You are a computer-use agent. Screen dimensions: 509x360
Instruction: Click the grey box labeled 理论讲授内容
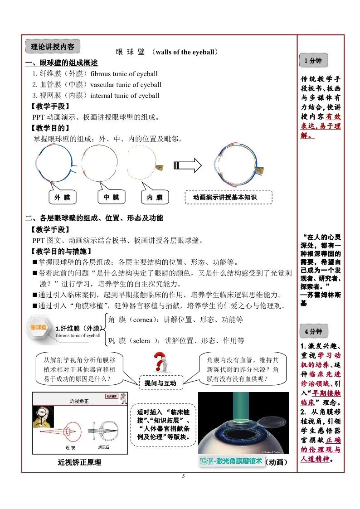coord(53,46)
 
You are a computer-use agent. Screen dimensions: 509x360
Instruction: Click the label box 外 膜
coord(62,197)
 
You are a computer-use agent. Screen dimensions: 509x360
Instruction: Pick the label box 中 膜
coord(111,197)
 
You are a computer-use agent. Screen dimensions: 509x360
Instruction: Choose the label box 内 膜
coord(155,198)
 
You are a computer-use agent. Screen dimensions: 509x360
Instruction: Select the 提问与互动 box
coord(160,383)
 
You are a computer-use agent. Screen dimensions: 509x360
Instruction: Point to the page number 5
coord(184,476)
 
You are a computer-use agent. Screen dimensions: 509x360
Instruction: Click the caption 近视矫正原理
coord(79,462)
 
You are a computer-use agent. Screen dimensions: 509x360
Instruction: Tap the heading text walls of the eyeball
coord(186,52)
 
